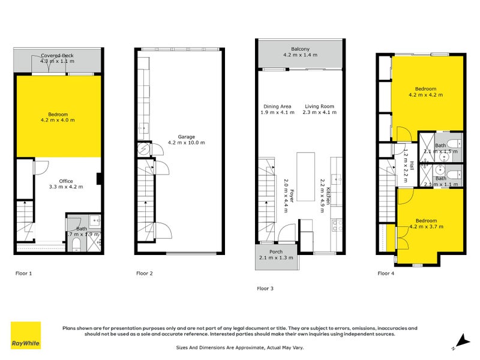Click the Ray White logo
pos(26,335)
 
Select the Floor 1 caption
pos(23,273)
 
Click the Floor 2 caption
pos(144,273)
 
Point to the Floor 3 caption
pos(265,288)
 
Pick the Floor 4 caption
pos(386,273)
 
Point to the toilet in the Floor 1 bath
pos(76,245)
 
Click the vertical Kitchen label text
pos(325,193)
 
